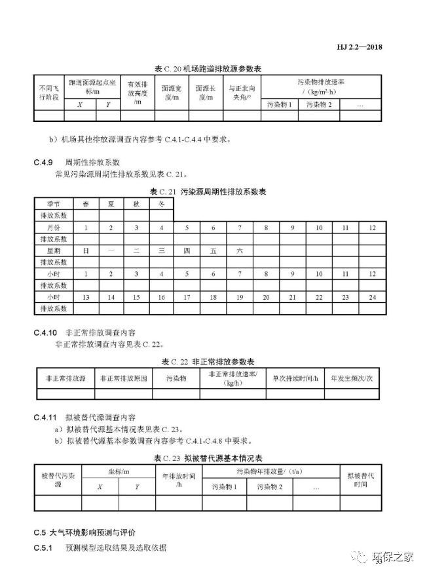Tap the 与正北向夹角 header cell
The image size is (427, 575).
pos(242,92)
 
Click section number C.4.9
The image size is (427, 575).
pos(45,162)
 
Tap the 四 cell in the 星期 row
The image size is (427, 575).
pos(187,251)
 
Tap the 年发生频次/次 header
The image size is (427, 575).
pos(352,379)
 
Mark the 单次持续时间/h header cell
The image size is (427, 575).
pos(294,379)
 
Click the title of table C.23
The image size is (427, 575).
pos(213,457)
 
